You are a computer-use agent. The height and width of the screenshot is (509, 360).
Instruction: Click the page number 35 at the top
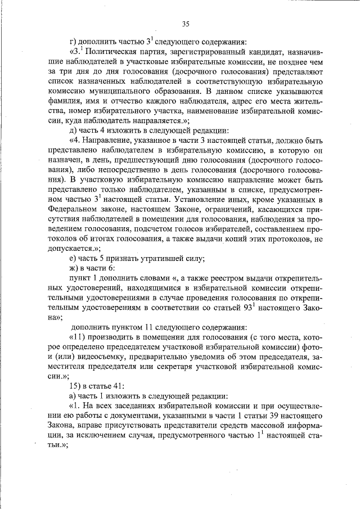pos(186,23)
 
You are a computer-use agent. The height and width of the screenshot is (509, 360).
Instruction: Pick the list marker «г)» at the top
pos(72,40)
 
